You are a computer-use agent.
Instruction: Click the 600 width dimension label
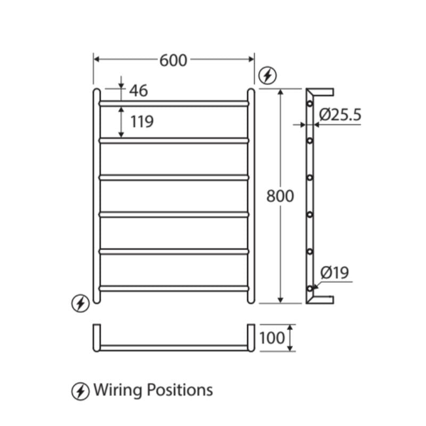(x=174, y=60)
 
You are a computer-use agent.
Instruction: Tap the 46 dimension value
(x=138, y=91)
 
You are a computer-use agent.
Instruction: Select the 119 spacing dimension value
(x=142, y=121)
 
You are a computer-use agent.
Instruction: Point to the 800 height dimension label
(x=280, y=196)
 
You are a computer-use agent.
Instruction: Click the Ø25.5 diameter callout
(x=340, y=114)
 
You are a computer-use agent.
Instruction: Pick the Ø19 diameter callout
(x=334, y=273)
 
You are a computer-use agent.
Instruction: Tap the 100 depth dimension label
(x=273, y=338)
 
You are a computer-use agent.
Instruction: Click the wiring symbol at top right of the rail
(x=267, y=76)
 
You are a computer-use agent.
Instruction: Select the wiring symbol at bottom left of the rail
(x=80, y=304)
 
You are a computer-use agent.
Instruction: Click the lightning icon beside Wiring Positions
(x=80, y=391)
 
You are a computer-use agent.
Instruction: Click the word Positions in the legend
(x=178, y=390)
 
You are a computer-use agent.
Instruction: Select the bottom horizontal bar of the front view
(x=174, y=288)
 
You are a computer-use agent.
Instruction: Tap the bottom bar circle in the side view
(x=309, y=288)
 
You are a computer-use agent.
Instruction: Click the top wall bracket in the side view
(x=323, y=92)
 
